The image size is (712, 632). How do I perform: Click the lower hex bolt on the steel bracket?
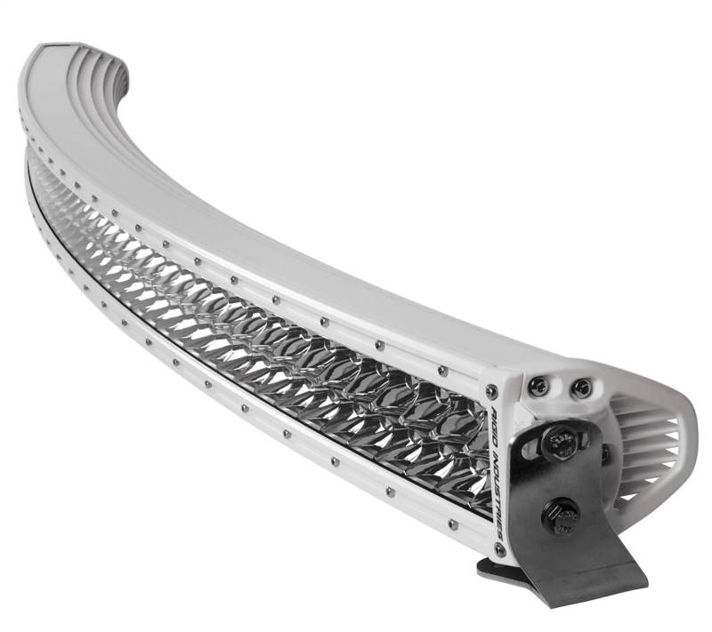(x=562, y=515)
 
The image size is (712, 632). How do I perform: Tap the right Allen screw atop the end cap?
(x=580, y=388)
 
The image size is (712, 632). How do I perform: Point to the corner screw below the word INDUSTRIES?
(x=501, y=549)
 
